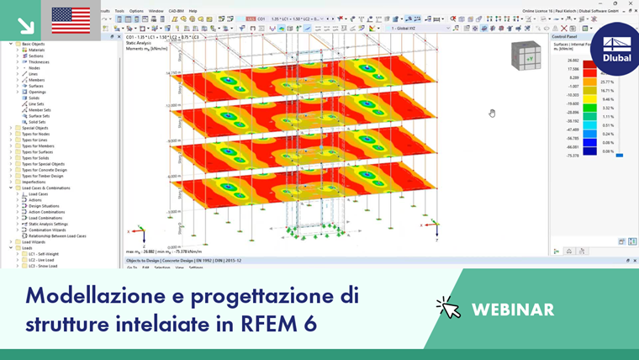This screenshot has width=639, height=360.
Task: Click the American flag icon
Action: click(x=71, y=19)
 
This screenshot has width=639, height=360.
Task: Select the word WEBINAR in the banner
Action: click(x=513, y=309)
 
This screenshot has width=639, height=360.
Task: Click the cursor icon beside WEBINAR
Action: click(x=448, y=308)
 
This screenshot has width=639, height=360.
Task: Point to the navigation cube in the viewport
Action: click(x=526, y=56)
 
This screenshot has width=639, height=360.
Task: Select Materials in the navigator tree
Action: click(x=37, y=50)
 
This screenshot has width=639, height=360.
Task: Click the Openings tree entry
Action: click(x=38, y=92)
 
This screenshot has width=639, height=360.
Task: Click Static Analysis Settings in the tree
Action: click(x=48, y=224)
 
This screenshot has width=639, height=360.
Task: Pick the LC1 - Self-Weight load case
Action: click(x=46, y=254)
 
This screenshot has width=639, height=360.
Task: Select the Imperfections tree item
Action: click(x=34, y=182)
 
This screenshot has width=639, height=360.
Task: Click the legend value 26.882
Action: click(x=573, y=61)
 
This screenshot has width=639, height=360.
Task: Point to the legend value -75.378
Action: click(x=573, y=156)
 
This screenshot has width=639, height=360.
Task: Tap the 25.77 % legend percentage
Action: click(x=607, y=81)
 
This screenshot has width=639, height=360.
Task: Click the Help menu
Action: click(x=193, y=11)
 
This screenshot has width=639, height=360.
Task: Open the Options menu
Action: click(x=135, y=11)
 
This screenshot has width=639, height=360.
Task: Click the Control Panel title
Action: click(x=565, y=37)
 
